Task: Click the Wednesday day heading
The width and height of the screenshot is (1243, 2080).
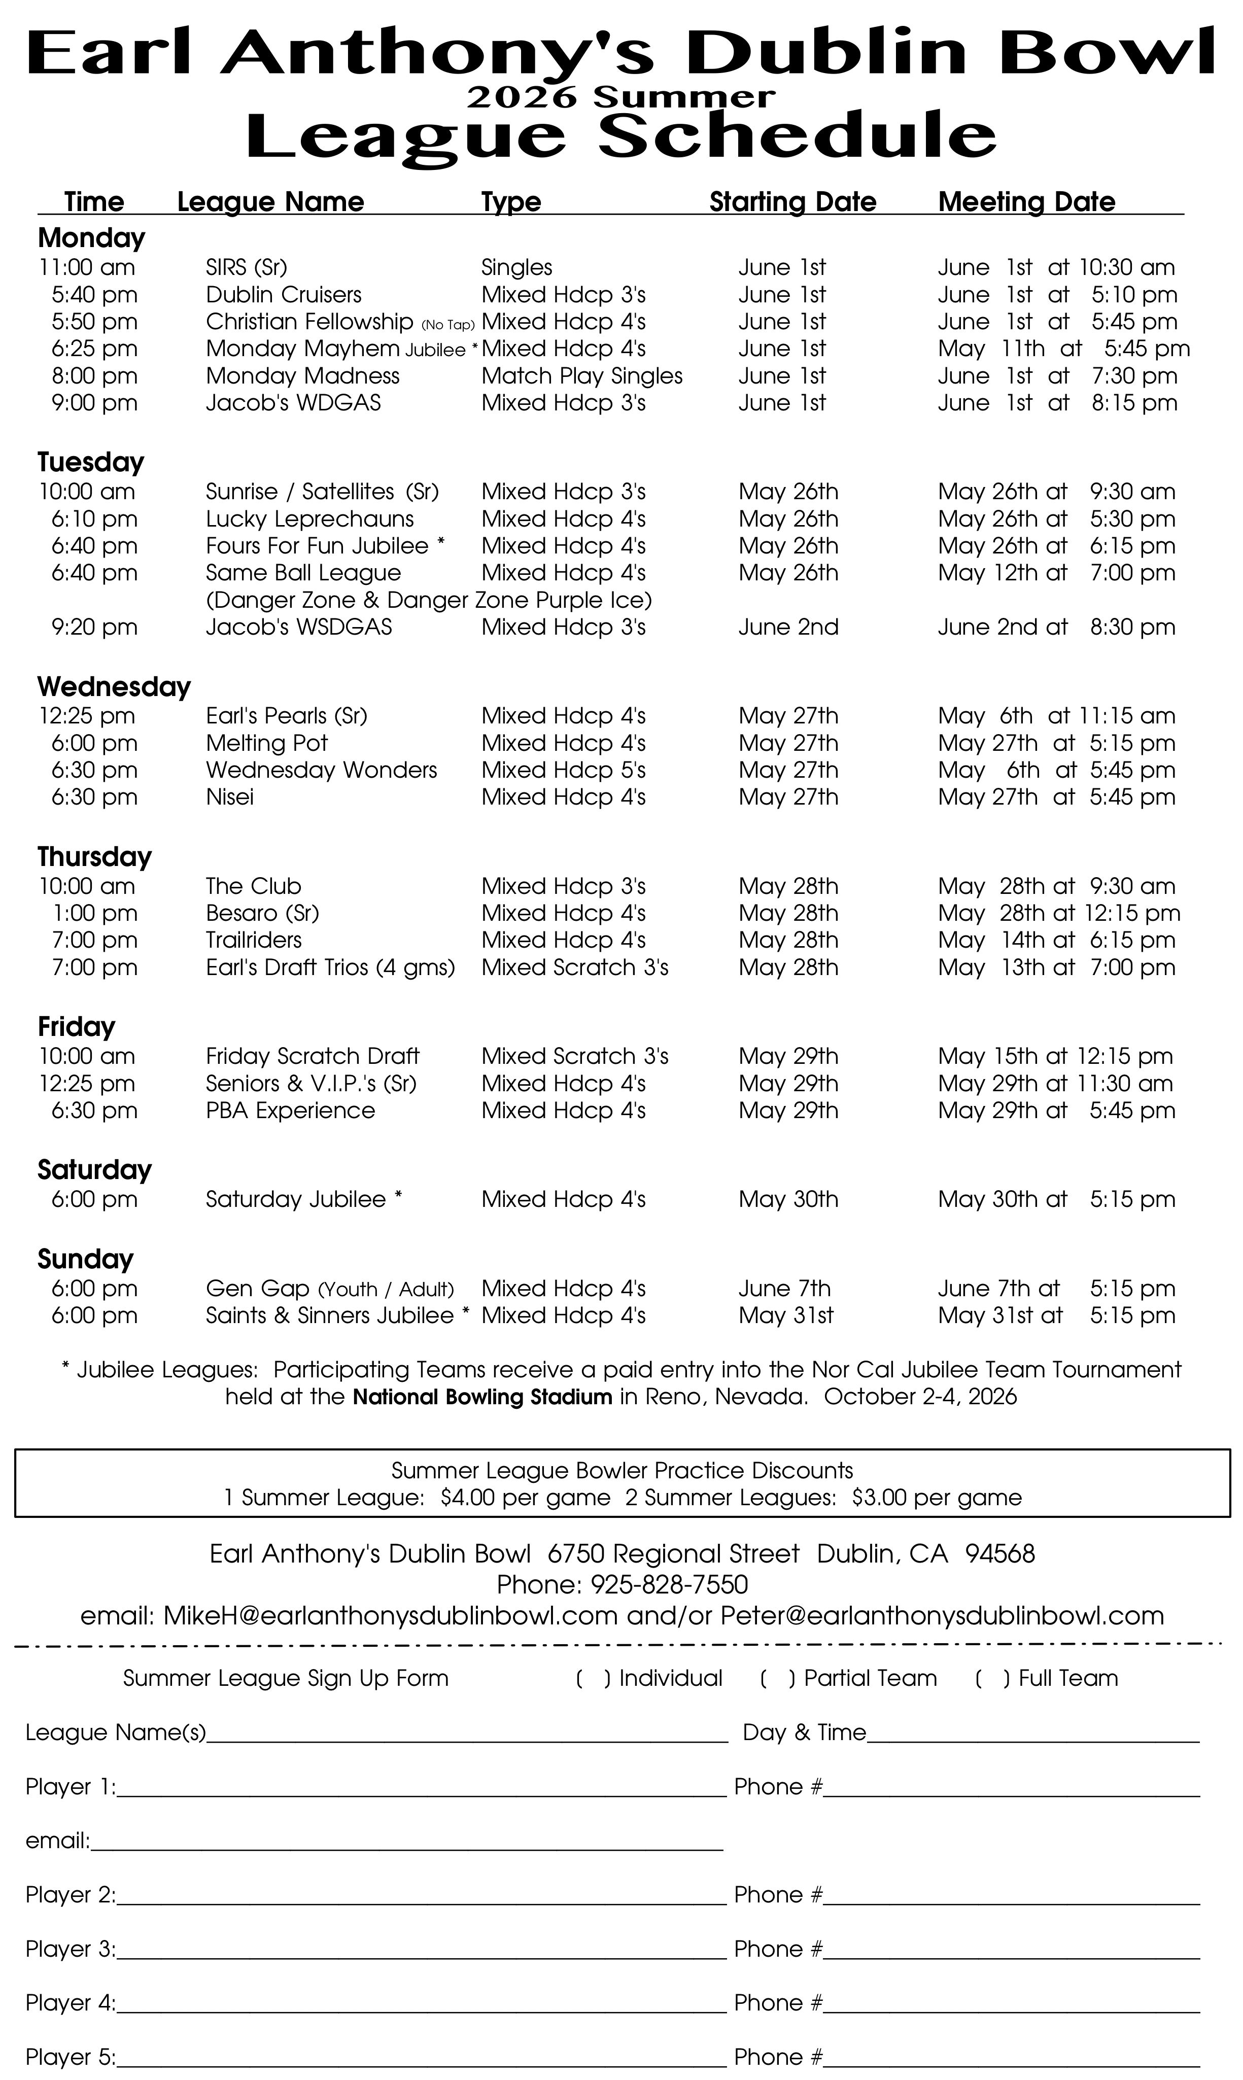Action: click(x=114, y=686)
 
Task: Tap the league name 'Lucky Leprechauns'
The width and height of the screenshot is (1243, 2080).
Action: click(x=310, y=519)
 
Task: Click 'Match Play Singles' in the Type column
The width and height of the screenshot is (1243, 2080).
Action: click(x=581, y=376)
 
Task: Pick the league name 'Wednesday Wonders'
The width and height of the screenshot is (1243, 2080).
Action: click(x=322, y=771)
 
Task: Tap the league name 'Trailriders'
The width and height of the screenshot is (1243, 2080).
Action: click(x=254, y=941)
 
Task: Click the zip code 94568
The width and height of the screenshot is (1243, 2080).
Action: click(x=999, y=1553)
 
